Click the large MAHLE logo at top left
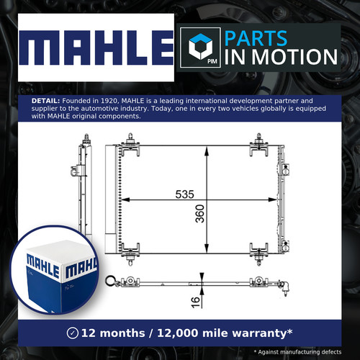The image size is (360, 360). coord(96,48)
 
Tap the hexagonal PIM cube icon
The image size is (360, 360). coord(200,46)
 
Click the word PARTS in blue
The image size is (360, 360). coord(256,38)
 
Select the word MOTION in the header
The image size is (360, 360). coord(294,57)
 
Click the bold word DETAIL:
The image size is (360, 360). coord(45,101)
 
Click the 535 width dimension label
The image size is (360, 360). coord(184,194)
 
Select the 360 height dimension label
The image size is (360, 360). coord(199,214)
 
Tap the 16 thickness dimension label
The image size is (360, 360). coord(196,302)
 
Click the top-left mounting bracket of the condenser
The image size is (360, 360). coord(130,145)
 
